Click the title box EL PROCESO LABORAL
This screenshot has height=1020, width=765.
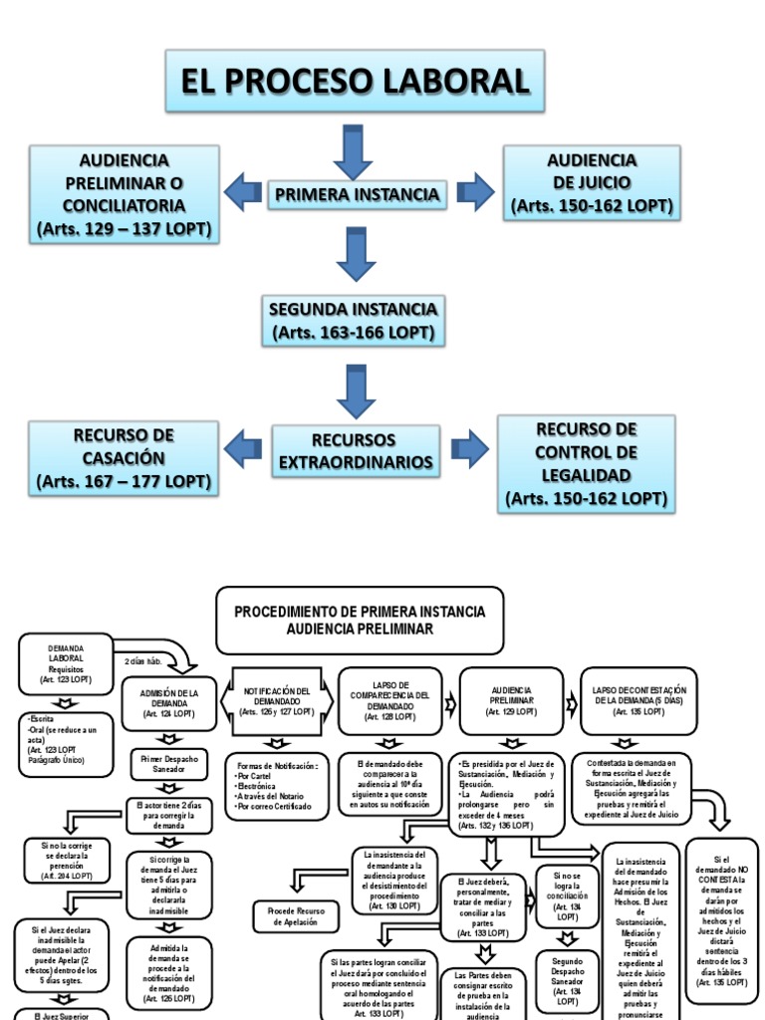[356, 82]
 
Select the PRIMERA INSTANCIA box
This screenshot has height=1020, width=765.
[357, 193]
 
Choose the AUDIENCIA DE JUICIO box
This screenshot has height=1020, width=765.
[592, 183]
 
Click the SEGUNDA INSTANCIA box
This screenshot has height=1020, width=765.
[353, 320]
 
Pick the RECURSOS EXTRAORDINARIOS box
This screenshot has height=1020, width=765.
[356, 451]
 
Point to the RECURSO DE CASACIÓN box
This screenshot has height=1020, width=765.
[124, 458]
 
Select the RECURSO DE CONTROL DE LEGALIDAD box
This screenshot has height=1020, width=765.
[586, 464]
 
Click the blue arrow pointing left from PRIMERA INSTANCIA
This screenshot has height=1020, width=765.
[242, 192]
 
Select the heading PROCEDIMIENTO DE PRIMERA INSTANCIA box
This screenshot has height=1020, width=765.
[360, 620]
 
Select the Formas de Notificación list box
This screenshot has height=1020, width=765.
[275, 786]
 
